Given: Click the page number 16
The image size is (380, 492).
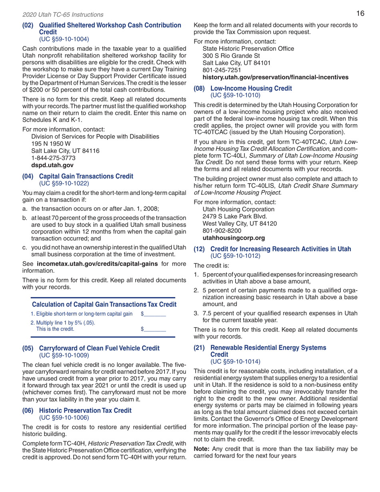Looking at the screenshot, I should click(x=360, y=14).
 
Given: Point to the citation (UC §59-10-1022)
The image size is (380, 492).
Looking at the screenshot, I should click(x=64, y=183).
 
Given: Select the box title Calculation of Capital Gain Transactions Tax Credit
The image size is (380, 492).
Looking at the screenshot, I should click(x=104, y=304).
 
